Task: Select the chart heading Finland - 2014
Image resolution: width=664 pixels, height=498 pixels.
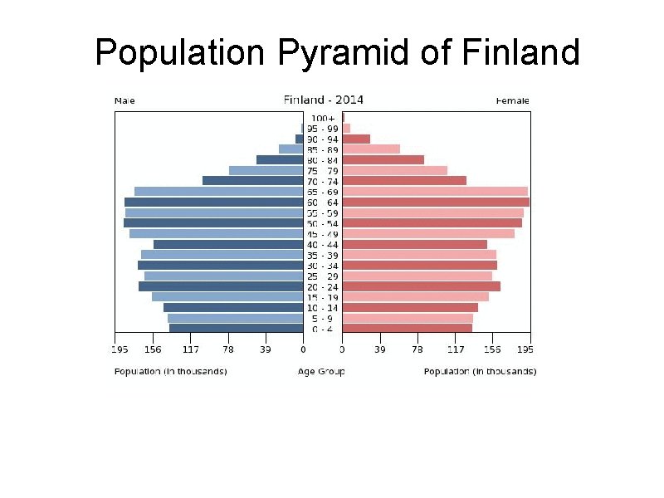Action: click(324, 100)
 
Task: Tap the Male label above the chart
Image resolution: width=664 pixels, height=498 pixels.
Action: click(124, 101)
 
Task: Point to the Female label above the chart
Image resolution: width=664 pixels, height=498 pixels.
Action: click(513, 101)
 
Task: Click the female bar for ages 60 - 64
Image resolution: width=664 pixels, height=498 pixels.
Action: click(436, 202)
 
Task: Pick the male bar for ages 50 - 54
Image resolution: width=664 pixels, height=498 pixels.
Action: click(213, 222)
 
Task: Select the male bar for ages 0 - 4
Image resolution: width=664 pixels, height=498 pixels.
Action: click(236, 329)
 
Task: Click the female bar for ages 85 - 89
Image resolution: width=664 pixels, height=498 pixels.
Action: click(371, 149)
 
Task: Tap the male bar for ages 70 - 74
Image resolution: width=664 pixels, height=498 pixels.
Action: click(252, 181)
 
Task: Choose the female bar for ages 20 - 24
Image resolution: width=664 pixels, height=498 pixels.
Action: click(421, 286)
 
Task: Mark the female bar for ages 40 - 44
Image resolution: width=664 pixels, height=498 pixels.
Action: click(414, 244)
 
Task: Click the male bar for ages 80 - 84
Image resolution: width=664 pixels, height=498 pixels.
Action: click(279, 159)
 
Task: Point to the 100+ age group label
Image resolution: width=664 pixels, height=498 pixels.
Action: click(322, 118)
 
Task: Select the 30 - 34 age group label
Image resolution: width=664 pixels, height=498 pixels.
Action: click(322, 266)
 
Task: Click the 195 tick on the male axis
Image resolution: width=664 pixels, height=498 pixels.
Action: click(121, 349)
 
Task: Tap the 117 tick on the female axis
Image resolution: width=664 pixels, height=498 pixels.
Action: click(455, 349)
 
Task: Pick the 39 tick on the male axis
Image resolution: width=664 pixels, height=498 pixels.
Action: click(265, 349)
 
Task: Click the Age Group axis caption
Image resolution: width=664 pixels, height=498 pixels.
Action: click(321, 371)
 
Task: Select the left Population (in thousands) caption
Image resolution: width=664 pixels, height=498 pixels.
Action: click(170, 371)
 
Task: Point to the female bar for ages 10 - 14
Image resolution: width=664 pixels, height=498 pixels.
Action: click(410, 307)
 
